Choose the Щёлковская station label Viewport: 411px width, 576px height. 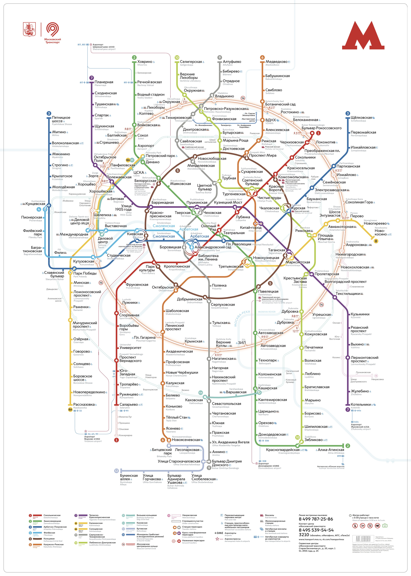point(361,118)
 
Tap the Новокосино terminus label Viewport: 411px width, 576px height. point(381,232)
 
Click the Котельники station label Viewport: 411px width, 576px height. point(361,404)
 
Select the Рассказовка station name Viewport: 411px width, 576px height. point(84,404)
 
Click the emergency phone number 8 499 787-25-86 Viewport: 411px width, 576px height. point(316,519)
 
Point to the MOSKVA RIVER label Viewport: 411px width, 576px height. point(267,312)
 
